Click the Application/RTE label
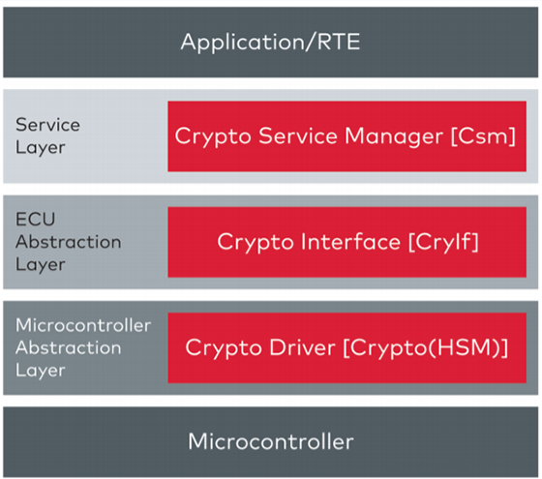[270, 43]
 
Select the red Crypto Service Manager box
[347, 136]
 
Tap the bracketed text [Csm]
[483, 135]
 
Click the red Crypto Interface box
[347, 242]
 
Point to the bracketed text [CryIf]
[443, 242]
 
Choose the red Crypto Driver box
[347, 347]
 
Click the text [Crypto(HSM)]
[426, 347]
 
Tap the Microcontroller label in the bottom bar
[271, 441]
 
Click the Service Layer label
[47, 136]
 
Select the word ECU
[35, 219]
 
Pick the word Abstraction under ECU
[69, 242]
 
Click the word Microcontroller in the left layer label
[83, 325]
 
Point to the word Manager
[394, 136]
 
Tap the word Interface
[350, 241]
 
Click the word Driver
[302, 347]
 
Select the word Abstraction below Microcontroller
[69, 347]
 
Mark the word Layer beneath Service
[40, 148]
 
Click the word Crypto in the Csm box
[213, 136]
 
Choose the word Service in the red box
[298, 135]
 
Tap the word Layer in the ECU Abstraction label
[40, 265]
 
